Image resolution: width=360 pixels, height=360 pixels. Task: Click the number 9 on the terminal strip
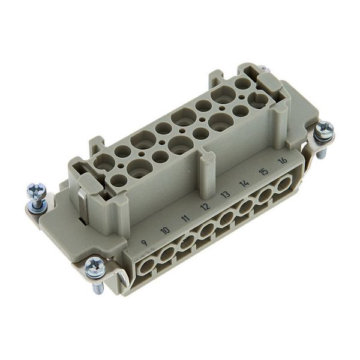[x=143, y=242]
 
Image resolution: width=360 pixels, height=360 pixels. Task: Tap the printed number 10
[x=165, y=230]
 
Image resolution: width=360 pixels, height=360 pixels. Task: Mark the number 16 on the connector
[x=282, y=160]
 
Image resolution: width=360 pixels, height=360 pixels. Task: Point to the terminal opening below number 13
[x=228, y=218]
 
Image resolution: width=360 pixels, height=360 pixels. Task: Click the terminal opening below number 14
[x=247, y=206]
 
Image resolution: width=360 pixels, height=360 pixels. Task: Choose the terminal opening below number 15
[x=265, y=194]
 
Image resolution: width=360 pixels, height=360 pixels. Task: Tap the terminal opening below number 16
[x=281, y=184]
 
